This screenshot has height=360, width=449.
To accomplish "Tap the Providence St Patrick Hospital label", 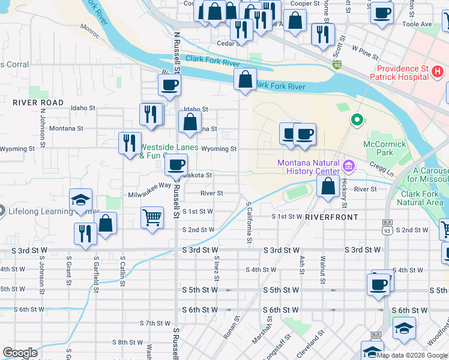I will coord(399,73).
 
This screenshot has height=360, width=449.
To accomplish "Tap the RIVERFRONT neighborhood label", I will coord(331,217).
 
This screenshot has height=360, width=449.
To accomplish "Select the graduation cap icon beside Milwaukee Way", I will coord(81,200).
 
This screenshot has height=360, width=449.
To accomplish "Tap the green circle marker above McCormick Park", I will coord(357,120).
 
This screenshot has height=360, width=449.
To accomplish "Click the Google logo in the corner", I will coord(20,353).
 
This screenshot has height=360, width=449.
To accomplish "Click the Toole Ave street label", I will coord(418,24).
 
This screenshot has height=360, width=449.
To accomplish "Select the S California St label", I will coord(249,222).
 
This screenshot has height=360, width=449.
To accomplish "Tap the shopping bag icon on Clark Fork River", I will coord(245,79).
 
